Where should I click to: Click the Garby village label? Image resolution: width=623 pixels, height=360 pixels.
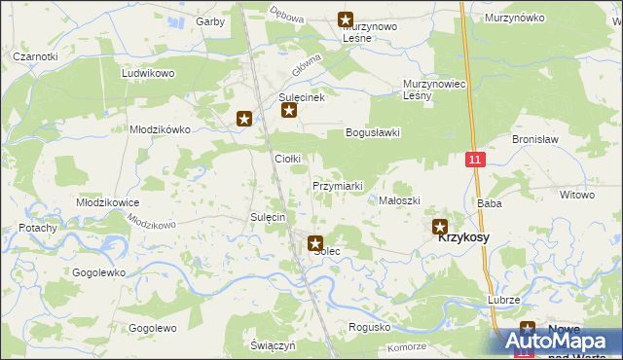pos(211,20)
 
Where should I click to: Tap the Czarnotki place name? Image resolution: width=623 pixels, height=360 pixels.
pos(35,56)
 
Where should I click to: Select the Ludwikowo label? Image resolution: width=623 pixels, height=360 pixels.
pos(147,73)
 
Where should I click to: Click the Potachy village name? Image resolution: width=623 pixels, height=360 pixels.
pos(38,228)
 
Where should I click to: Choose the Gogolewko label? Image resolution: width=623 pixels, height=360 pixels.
pos(98,272)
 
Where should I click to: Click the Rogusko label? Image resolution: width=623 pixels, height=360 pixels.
pos(369,327)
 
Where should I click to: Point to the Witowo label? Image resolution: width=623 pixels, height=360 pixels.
pos(576,195)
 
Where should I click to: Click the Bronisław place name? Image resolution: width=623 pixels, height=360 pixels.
pos(533,139)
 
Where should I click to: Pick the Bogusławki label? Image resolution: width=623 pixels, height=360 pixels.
pos(373,133)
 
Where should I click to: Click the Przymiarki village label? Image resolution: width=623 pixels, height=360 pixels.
pos(338,186)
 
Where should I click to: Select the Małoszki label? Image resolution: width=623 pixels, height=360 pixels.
pos(399,200)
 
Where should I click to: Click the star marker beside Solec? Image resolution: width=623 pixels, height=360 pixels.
pos(315,243)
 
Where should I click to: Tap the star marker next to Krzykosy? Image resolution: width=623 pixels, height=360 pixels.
pos(440,226)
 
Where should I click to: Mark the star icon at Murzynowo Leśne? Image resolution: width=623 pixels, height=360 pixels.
pos(345,18)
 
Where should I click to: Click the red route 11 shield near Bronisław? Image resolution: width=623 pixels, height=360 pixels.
pos(474,159)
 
